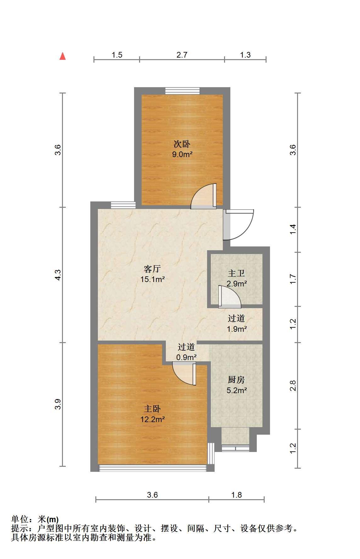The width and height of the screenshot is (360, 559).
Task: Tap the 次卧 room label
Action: click(x=182, y=144)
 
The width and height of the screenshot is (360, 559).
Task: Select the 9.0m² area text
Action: click(x=182, y=155)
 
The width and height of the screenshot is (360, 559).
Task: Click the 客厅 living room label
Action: click(x=152, y=269)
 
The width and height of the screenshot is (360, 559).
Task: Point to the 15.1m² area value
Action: click(x=152, y=279)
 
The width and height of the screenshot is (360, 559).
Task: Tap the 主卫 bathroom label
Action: click(x=236, y=273)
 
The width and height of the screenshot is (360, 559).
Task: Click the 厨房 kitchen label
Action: click(x=236, y=380)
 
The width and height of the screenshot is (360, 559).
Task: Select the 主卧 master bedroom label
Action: click(x=152, y=409)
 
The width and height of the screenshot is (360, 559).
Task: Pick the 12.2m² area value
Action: click(x=152, y=419)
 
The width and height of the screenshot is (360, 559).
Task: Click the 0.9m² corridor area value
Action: click(x=186, y=357)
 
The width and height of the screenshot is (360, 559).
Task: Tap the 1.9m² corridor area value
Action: click(x=237, y=329)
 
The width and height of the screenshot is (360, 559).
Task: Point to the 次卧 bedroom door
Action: click(x=204, y=196)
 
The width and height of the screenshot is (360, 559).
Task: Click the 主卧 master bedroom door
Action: click(x=184, y=373)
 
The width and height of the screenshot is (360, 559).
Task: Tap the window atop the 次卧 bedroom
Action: click(x=183, y=91)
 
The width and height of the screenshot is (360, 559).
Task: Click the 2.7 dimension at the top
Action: click(x=182, y=55)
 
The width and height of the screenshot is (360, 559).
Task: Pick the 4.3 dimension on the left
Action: click(x=58, y=275)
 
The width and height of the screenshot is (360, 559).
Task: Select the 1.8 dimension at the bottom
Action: click(x=236, y=495)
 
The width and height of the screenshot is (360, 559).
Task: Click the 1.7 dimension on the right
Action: click(x=293, y=279)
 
